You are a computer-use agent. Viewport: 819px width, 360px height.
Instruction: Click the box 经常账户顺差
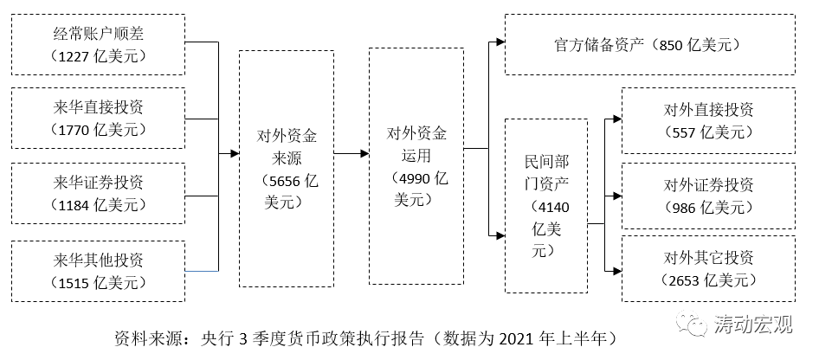(x=100, y=43)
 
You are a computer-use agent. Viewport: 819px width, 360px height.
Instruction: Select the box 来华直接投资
(x=100, y=118)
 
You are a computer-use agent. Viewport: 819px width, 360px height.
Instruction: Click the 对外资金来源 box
(x=287, y=168)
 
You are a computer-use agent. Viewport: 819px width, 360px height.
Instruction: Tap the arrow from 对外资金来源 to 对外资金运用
(x=350, y=154)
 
